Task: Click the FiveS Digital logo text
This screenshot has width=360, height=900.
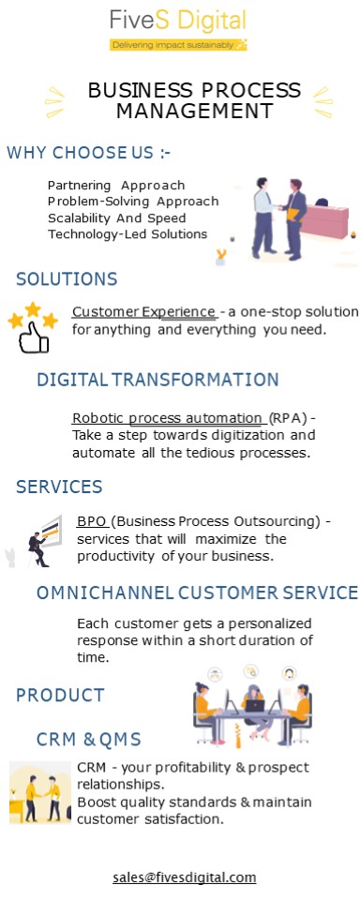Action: (x=177, y=21)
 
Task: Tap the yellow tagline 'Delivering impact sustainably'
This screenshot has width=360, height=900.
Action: (x=177, y=44)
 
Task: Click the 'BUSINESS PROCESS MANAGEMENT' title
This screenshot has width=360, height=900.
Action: (x=194, y=100)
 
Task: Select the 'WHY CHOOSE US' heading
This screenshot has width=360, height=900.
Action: (x=89, y=153)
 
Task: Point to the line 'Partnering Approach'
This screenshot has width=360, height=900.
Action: (x=116, y=185)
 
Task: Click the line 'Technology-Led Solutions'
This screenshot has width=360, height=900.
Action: (x=127, y=234)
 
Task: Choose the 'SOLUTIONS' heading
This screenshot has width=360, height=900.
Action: (x=67, y=278)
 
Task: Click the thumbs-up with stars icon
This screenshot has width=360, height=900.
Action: (x=33, y=326)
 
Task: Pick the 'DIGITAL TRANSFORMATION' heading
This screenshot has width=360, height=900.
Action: (x=157, y=380)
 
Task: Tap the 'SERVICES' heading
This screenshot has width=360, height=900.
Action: (x=59, y=487)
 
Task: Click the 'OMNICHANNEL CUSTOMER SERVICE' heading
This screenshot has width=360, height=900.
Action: (x=197, y=592)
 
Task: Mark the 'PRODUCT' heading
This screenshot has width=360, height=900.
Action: (x=60, y=695)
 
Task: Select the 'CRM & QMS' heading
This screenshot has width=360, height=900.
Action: (x=89, y=740)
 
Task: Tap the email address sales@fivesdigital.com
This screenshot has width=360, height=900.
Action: (x=184, y=877)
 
